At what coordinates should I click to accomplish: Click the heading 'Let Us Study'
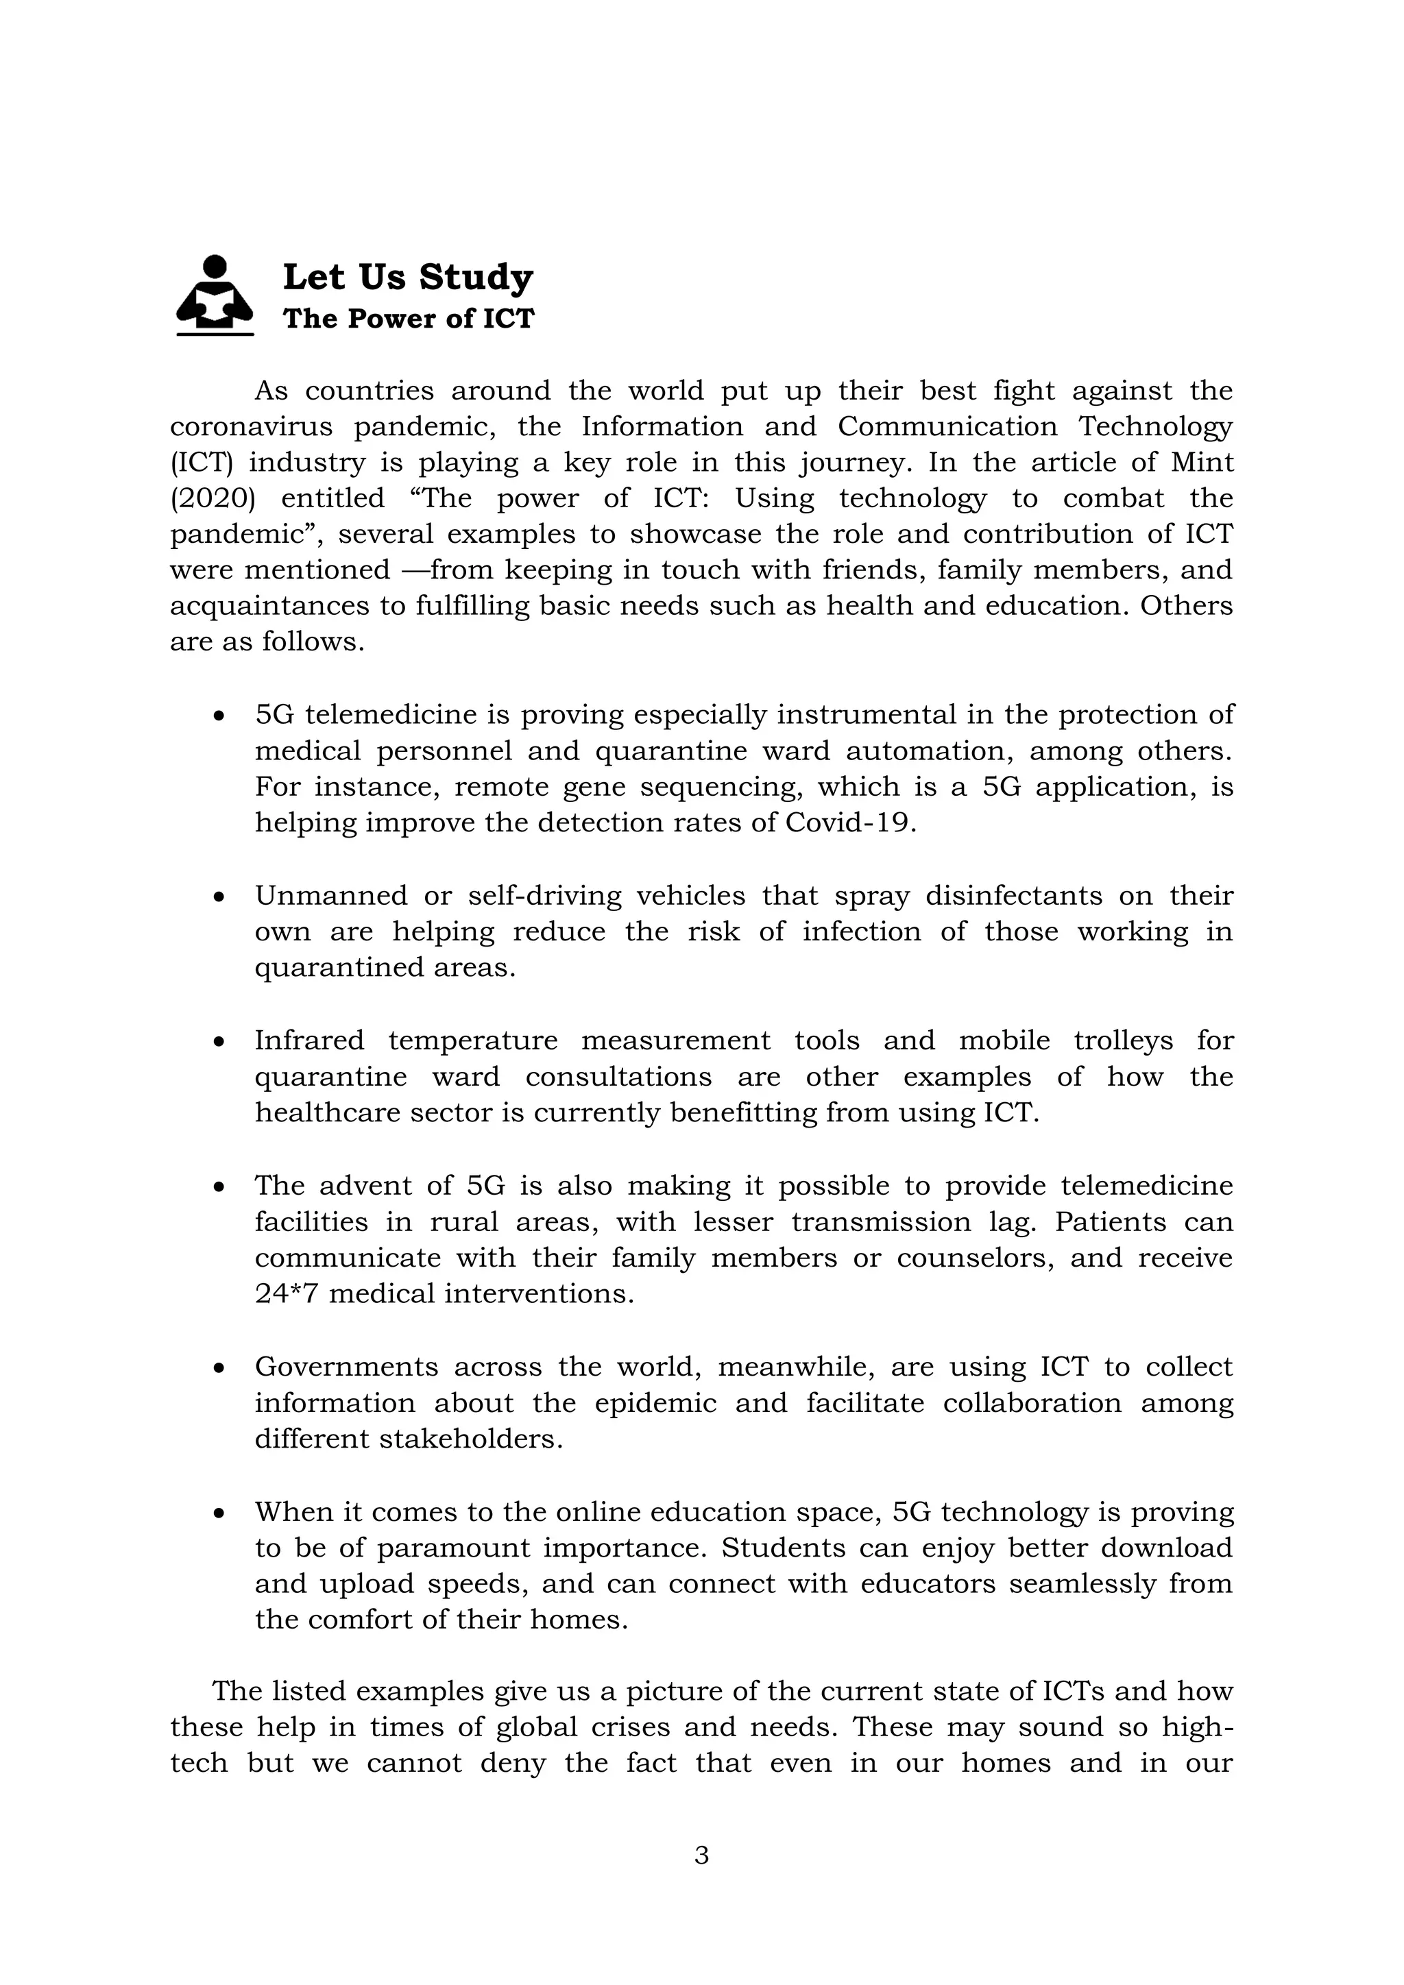coord(408,278)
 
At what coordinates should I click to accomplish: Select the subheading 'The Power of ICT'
coord(408,318)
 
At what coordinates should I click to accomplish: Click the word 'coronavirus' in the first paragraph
coord(251,426)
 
